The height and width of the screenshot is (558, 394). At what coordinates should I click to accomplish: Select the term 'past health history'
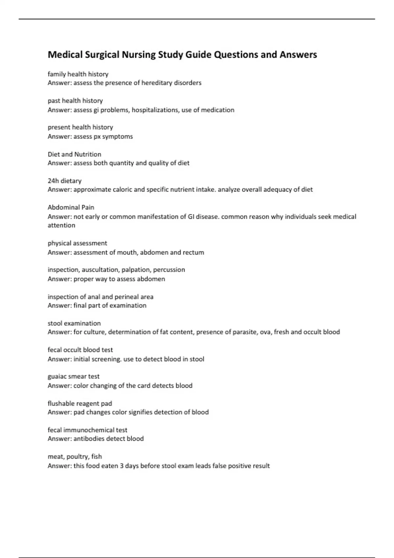pos(75,100)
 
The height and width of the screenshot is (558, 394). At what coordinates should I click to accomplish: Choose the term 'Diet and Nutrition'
pos(74,154)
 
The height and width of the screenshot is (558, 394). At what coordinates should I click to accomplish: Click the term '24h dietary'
pos(64,181)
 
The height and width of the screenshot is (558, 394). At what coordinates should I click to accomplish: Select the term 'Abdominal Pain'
pos(71,207)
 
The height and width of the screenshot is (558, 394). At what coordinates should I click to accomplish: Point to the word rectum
pos(193,252)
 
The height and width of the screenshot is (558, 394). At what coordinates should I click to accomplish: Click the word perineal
pos(127,297)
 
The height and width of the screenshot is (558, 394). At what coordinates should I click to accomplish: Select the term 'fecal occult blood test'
pos(80,350)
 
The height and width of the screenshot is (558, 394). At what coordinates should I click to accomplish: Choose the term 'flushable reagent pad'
pos(80,403)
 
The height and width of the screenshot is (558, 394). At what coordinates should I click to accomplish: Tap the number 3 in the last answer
pos(121,466)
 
